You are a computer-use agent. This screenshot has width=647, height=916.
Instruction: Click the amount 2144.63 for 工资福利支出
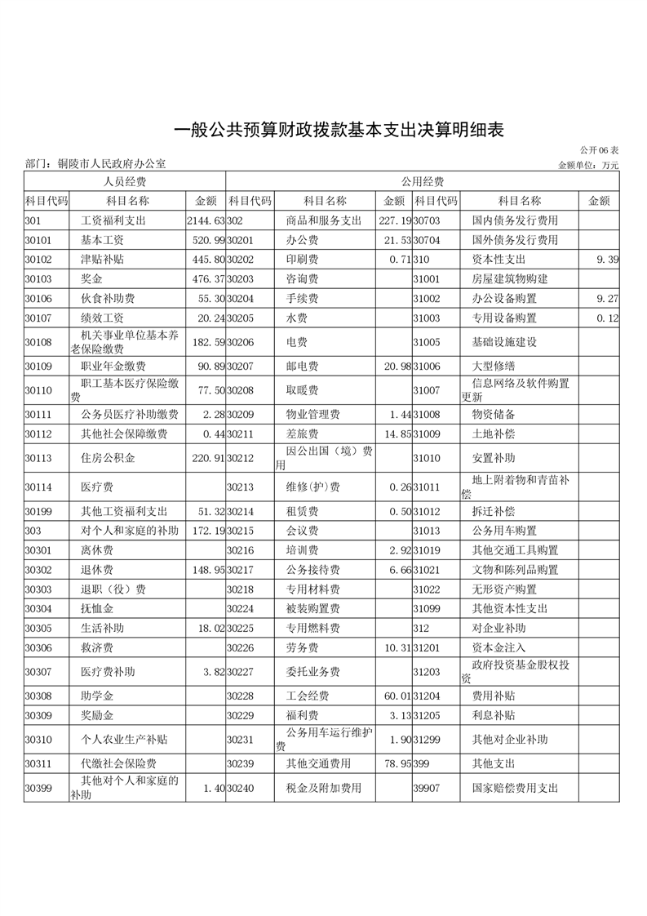(x=205, y=220)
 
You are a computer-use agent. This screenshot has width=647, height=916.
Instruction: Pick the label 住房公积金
(x=108, y=460)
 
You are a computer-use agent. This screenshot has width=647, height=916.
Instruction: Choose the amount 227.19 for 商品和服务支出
(x=395, y=220)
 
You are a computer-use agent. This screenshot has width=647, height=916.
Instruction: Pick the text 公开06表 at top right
(x=600, y=151)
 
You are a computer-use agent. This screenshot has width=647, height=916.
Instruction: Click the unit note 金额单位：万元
(x=588, y=165)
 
